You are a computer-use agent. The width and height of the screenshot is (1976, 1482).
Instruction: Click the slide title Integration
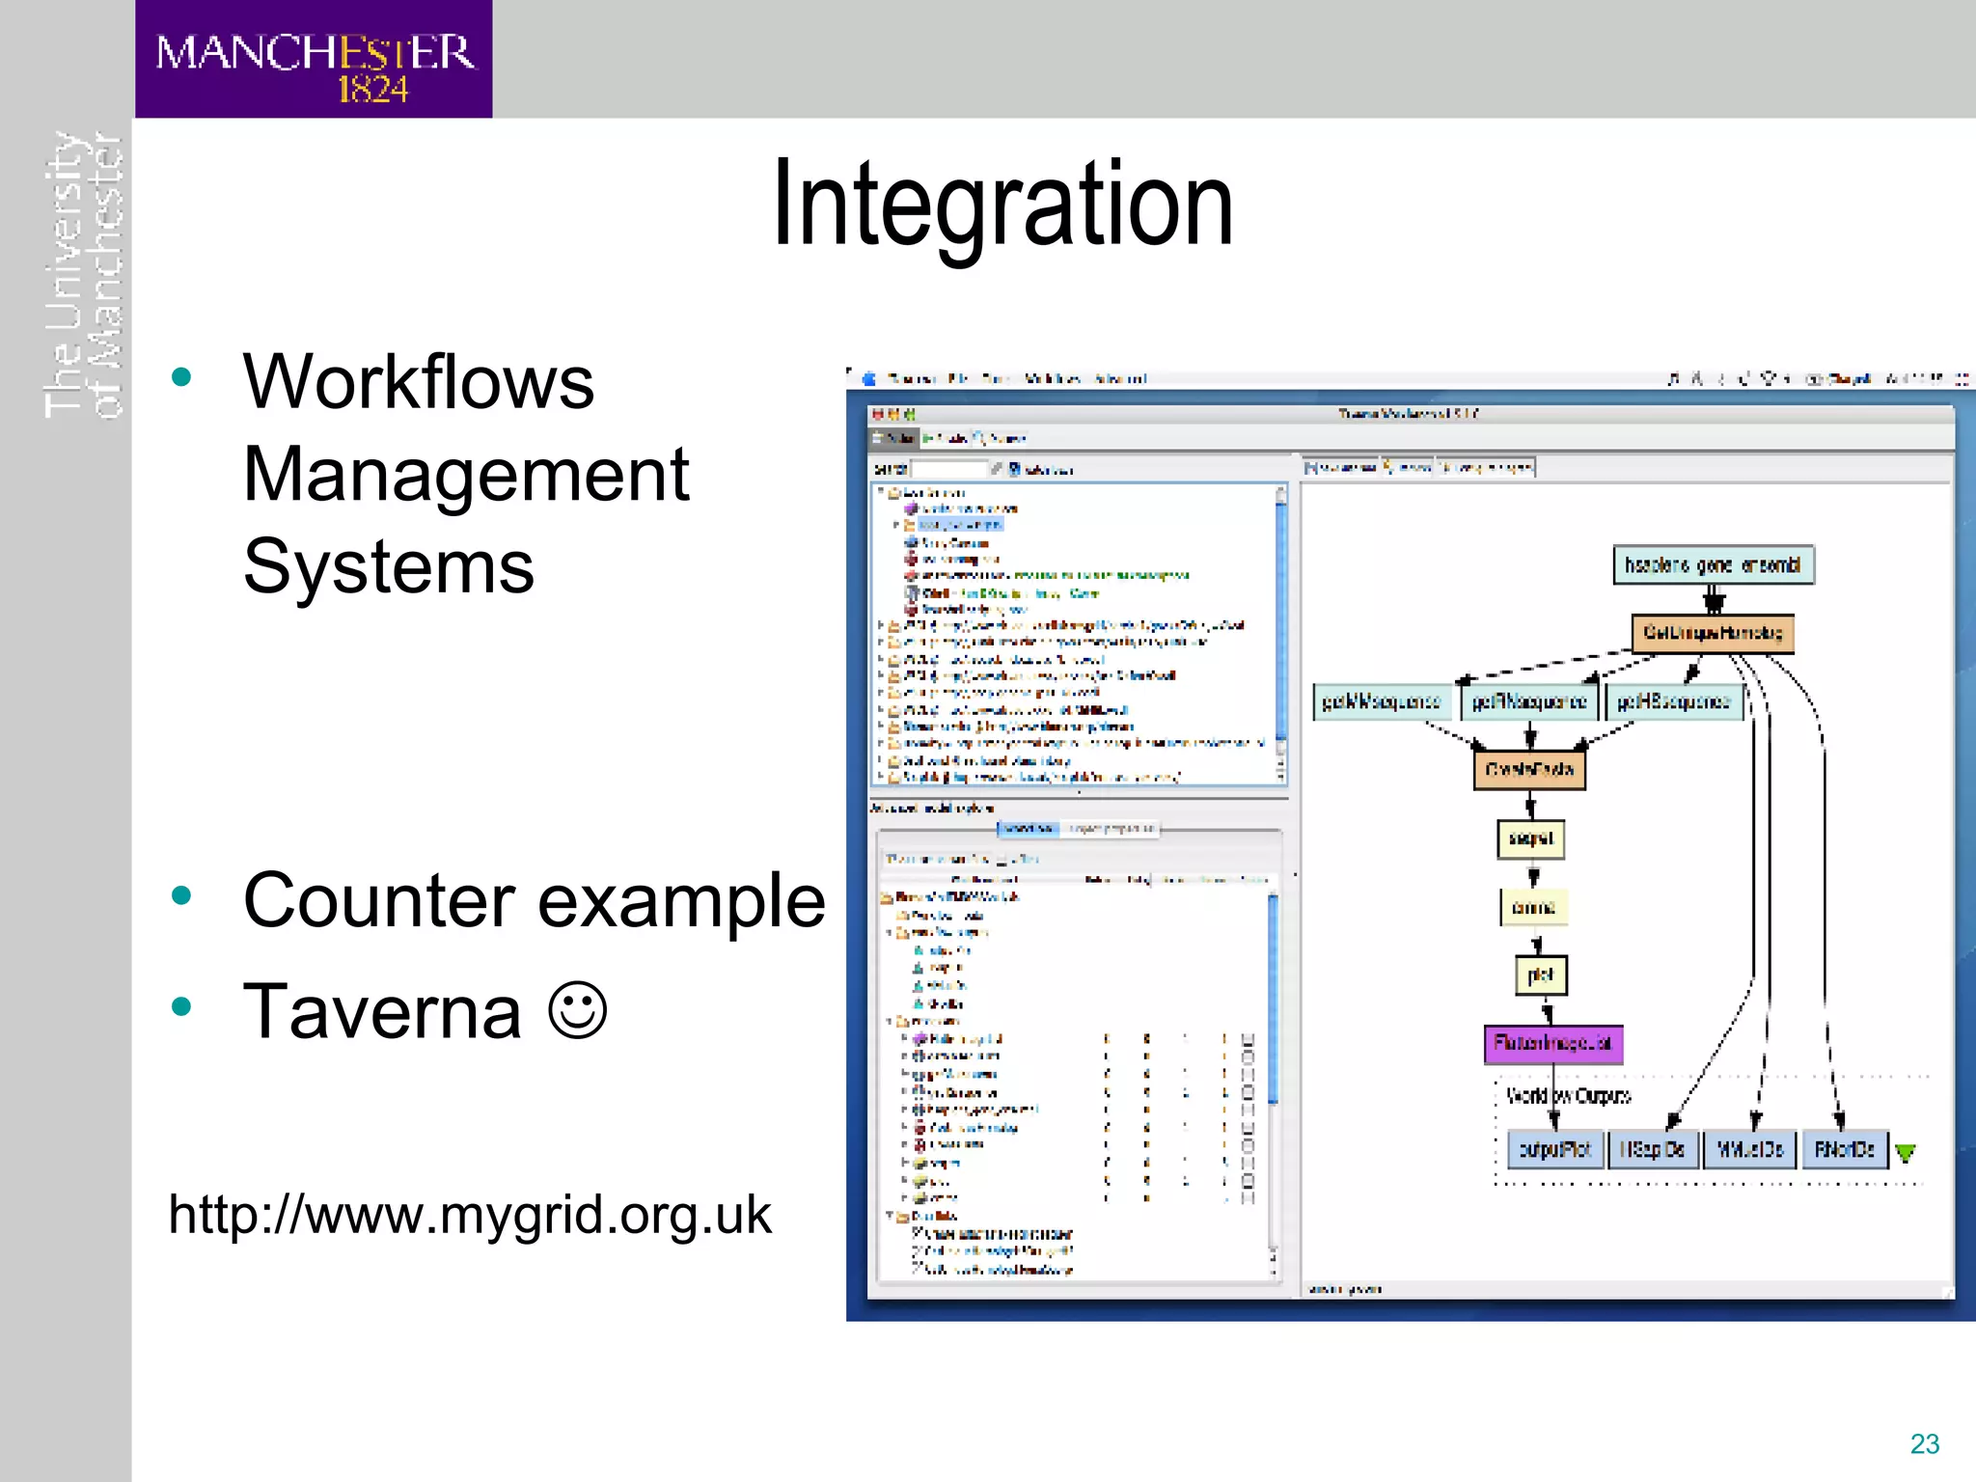1002,205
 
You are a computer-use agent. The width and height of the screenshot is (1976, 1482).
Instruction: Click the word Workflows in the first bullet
418,382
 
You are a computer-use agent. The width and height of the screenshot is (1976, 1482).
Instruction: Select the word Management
466,475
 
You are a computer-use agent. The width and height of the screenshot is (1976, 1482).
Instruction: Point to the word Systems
388,567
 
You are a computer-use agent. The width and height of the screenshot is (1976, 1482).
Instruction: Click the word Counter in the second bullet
379,900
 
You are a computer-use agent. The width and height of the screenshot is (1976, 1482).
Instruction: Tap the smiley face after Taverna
577,1010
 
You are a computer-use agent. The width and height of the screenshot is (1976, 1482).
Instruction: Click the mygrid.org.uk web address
469,1214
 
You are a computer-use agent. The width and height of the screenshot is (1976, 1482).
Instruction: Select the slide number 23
1924,1443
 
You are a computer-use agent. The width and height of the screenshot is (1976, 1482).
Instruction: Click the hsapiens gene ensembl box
1713,565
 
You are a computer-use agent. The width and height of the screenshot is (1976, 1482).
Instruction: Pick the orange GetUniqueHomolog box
1713,633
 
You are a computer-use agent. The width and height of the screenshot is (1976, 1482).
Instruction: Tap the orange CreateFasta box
1529,770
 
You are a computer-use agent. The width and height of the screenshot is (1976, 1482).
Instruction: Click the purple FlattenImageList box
1552,1044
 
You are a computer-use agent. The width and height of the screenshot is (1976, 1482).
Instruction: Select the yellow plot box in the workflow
1541,974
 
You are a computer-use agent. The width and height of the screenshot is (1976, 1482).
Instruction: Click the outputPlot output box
1554,1149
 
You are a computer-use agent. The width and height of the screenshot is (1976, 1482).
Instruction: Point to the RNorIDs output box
1844,1149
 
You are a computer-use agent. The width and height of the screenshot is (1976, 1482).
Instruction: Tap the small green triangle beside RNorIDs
1905,1152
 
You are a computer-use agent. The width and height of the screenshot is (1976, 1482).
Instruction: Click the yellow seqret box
1530,838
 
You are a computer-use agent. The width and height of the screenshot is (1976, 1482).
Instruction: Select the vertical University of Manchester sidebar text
83,276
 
